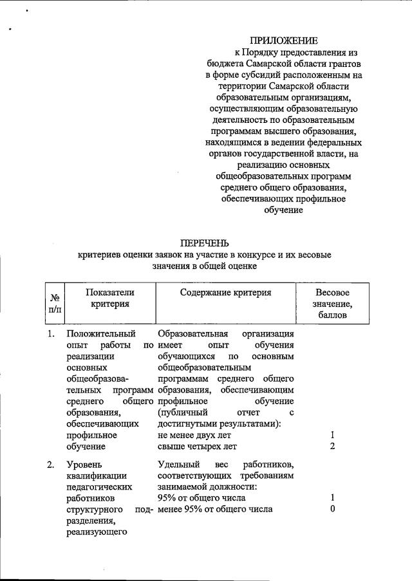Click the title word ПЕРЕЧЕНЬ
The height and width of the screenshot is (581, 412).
(205, 243)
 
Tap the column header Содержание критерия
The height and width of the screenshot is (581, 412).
(226, 292)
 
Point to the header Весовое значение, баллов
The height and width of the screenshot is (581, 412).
(332, 304)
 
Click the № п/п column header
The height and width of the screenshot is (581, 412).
(55, 304)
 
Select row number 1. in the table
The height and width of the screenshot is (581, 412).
(51, 334)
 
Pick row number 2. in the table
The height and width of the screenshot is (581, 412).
(51, 465)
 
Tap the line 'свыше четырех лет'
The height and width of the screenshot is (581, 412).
(197, 446)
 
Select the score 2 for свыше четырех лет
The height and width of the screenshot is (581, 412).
(332, 446)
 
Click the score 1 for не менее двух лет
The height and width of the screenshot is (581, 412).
(332, 434)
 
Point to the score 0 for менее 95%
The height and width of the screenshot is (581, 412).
(332, 510)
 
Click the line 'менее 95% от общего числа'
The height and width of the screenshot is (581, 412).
(214, 510)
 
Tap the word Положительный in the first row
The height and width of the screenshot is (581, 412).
(100, 334)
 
